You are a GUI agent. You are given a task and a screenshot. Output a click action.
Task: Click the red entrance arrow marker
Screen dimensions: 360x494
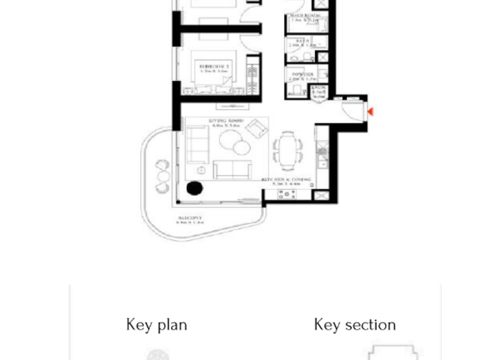pyautogui.click(x=370, y=112)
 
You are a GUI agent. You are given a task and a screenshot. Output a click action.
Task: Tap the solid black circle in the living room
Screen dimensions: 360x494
pyautogui.click(x=194, y=188)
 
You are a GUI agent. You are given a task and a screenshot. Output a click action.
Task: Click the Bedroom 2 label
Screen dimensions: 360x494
pyautogui.click(x=214, y=66)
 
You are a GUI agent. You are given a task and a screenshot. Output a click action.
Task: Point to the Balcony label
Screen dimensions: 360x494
pyautogui.click(x=190, y=219)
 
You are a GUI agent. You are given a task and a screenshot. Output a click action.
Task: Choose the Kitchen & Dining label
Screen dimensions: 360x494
pyautogui.click(x=286, y=180)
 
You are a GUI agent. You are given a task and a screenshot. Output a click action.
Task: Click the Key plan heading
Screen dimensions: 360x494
pyautogui.click(x=156, y=325)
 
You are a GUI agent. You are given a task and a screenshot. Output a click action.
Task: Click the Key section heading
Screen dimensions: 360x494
pyautogui.click(x=354, y=325)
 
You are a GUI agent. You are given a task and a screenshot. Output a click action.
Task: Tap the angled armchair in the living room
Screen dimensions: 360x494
pyautogui.click(x=257, y=128)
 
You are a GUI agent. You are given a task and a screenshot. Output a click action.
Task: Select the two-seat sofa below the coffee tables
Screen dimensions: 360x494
pyautogui.click(x=232, y=169)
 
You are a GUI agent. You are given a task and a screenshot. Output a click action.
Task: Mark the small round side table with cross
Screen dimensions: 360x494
pyautogui.click(x=201, y=171)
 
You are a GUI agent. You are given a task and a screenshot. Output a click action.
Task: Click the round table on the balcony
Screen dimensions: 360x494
pyautogui.click(x=162, y=174)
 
